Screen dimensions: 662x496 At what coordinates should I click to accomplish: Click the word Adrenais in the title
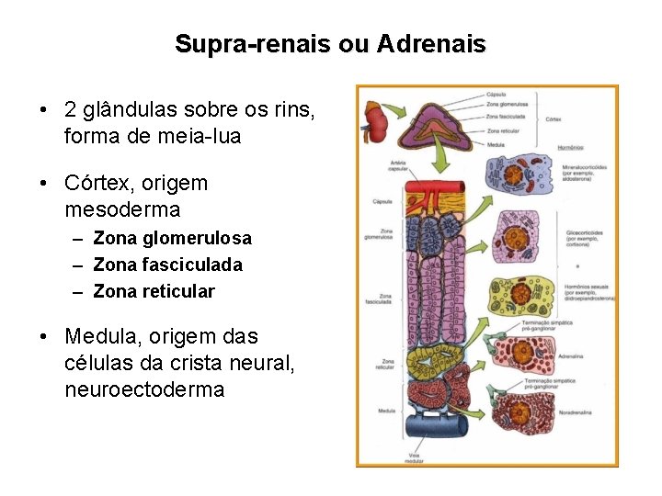pos(431,44)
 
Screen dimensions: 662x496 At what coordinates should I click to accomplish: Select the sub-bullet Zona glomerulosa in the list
pos(172,239)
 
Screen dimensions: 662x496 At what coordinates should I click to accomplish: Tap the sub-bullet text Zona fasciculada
pos(168,265)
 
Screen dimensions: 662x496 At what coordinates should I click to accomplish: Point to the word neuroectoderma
pos(144,389)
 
